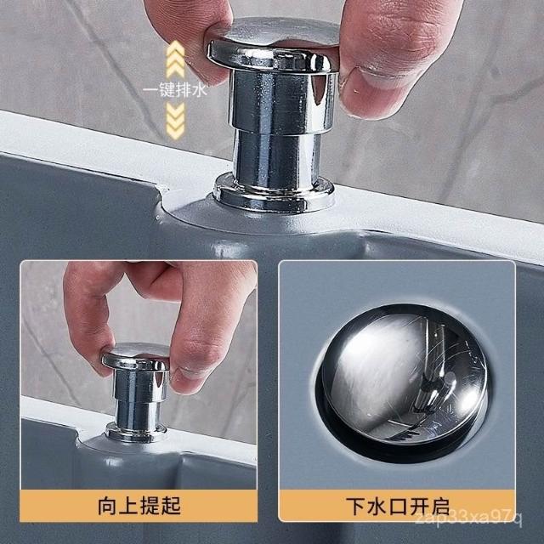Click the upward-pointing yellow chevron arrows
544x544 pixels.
pyautogui.click(x=175, y=59)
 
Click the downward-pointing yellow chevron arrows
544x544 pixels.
pyautogui.click(x=175, y=121)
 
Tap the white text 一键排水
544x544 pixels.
pyautogui.click(x=175, y=90)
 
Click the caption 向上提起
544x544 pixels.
pyautogui.click(x=139, y=506)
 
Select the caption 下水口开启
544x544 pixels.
pyautogui.click(x=398, y=507)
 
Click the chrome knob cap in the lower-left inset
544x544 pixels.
pyautogui.click(x=136, y=356)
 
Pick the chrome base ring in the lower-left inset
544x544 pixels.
pyautogui.click(x=136, y=432)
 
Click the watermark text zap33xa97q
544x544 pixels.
pyautogui.click(x=469, y=518)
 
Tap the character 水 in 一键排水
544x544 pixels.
pyautogui.click(x=200, y=90)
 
